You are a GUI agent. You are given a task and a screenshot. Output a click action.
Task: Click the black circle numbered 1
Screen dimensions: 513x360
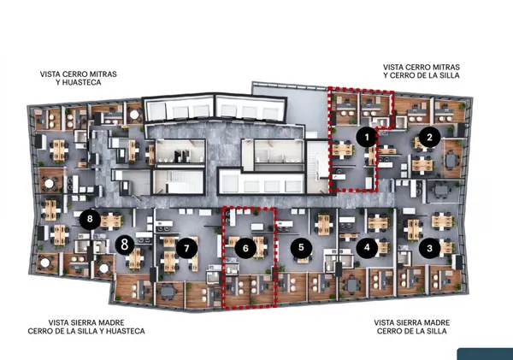(x=367, y=137)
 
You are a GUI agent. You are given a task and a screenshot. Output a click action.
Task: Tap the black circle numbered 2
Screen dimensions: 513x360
(x=429, y=137)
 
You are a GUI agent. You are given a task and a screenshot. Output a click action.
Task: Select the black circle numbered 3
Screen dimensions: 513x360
(x=429, y=248)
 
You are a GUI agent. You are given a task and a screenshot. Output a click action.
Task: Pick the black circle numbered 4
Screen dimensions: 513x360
(x=367, y=248)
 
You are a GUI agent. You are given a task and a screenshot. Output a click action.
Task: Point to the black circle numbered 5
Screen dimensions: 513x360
(x=301, y=247)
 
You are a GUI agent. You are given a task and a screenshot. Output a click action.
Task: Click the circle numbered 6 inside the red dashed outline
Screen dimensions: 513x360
(x=245, y=248)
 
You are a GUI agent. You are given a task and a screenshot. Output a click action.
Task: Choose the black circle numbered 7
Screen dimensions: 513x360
(x=186, y=248)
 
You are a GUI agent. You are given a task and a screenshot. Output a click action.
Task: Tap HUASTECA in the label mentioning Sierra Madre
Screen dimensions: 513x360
(x=125, y=331)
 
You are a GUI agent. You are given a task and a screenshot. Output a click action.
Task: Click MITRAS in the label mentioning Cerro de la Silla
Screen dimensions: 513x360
(x=445, y=67)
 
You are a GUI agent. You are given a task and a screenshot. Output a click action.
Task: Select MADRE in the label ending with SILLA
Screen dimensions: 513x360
(x=437, y=322)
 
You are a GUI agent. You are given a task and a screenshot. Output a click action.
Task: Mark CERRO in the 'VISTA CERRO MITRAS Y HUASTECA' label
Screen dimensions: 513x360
(x=72, y=74)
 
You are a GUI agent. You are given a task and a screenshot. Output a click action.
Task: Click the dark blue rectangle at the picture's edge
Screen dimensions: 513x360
(x=485, y=354)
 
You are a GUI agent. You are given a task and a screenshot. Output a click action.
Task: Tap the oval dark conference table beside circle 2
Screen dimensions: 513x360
(x=451, y=160)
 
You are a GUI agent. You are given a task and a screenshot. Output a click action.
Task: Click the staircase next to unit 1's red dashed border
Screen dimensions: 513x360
(x=318, y=166)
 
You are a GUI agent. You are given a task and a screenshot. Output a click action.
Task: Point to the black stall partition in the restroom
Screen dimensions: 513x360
(x=179, y=156)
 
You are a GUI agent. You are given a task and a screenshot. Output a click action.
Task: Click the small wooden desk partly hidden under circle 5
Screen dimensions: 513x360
(x=303, y=260)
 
